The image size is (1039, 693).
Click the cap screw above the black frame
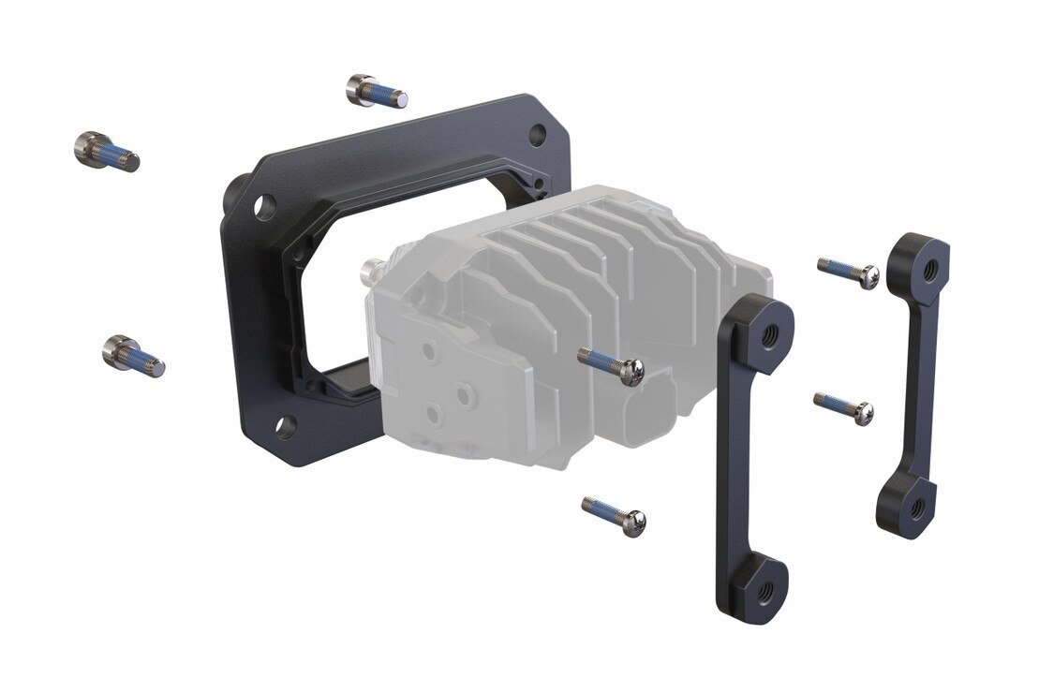coord(376,91)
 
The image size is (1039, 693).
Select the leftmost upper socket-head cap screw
coord(105,152)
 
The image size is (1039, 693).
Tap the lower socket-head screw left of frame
coord(132,355)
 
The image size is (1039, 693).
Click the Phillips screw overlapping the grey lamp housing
coord(611,363)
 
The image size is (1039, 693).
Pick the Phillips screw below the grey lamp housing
coord(615,516)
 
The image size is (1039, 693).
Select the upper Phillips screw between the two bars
coord(848,271)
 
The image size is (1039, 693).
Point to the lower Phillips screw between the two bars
coord(843,407)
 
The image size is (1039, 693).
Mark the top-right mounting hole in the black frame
coord(538,134)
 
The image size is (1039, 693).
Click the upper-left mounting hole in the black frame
coord(264,206)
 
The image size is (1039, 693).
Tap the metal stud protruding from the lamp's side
coord(369,273)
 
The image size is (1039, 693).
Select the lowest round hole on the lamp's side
coord(433,413)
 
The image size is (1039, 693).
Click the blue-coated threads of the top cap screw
coord(384,93)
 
